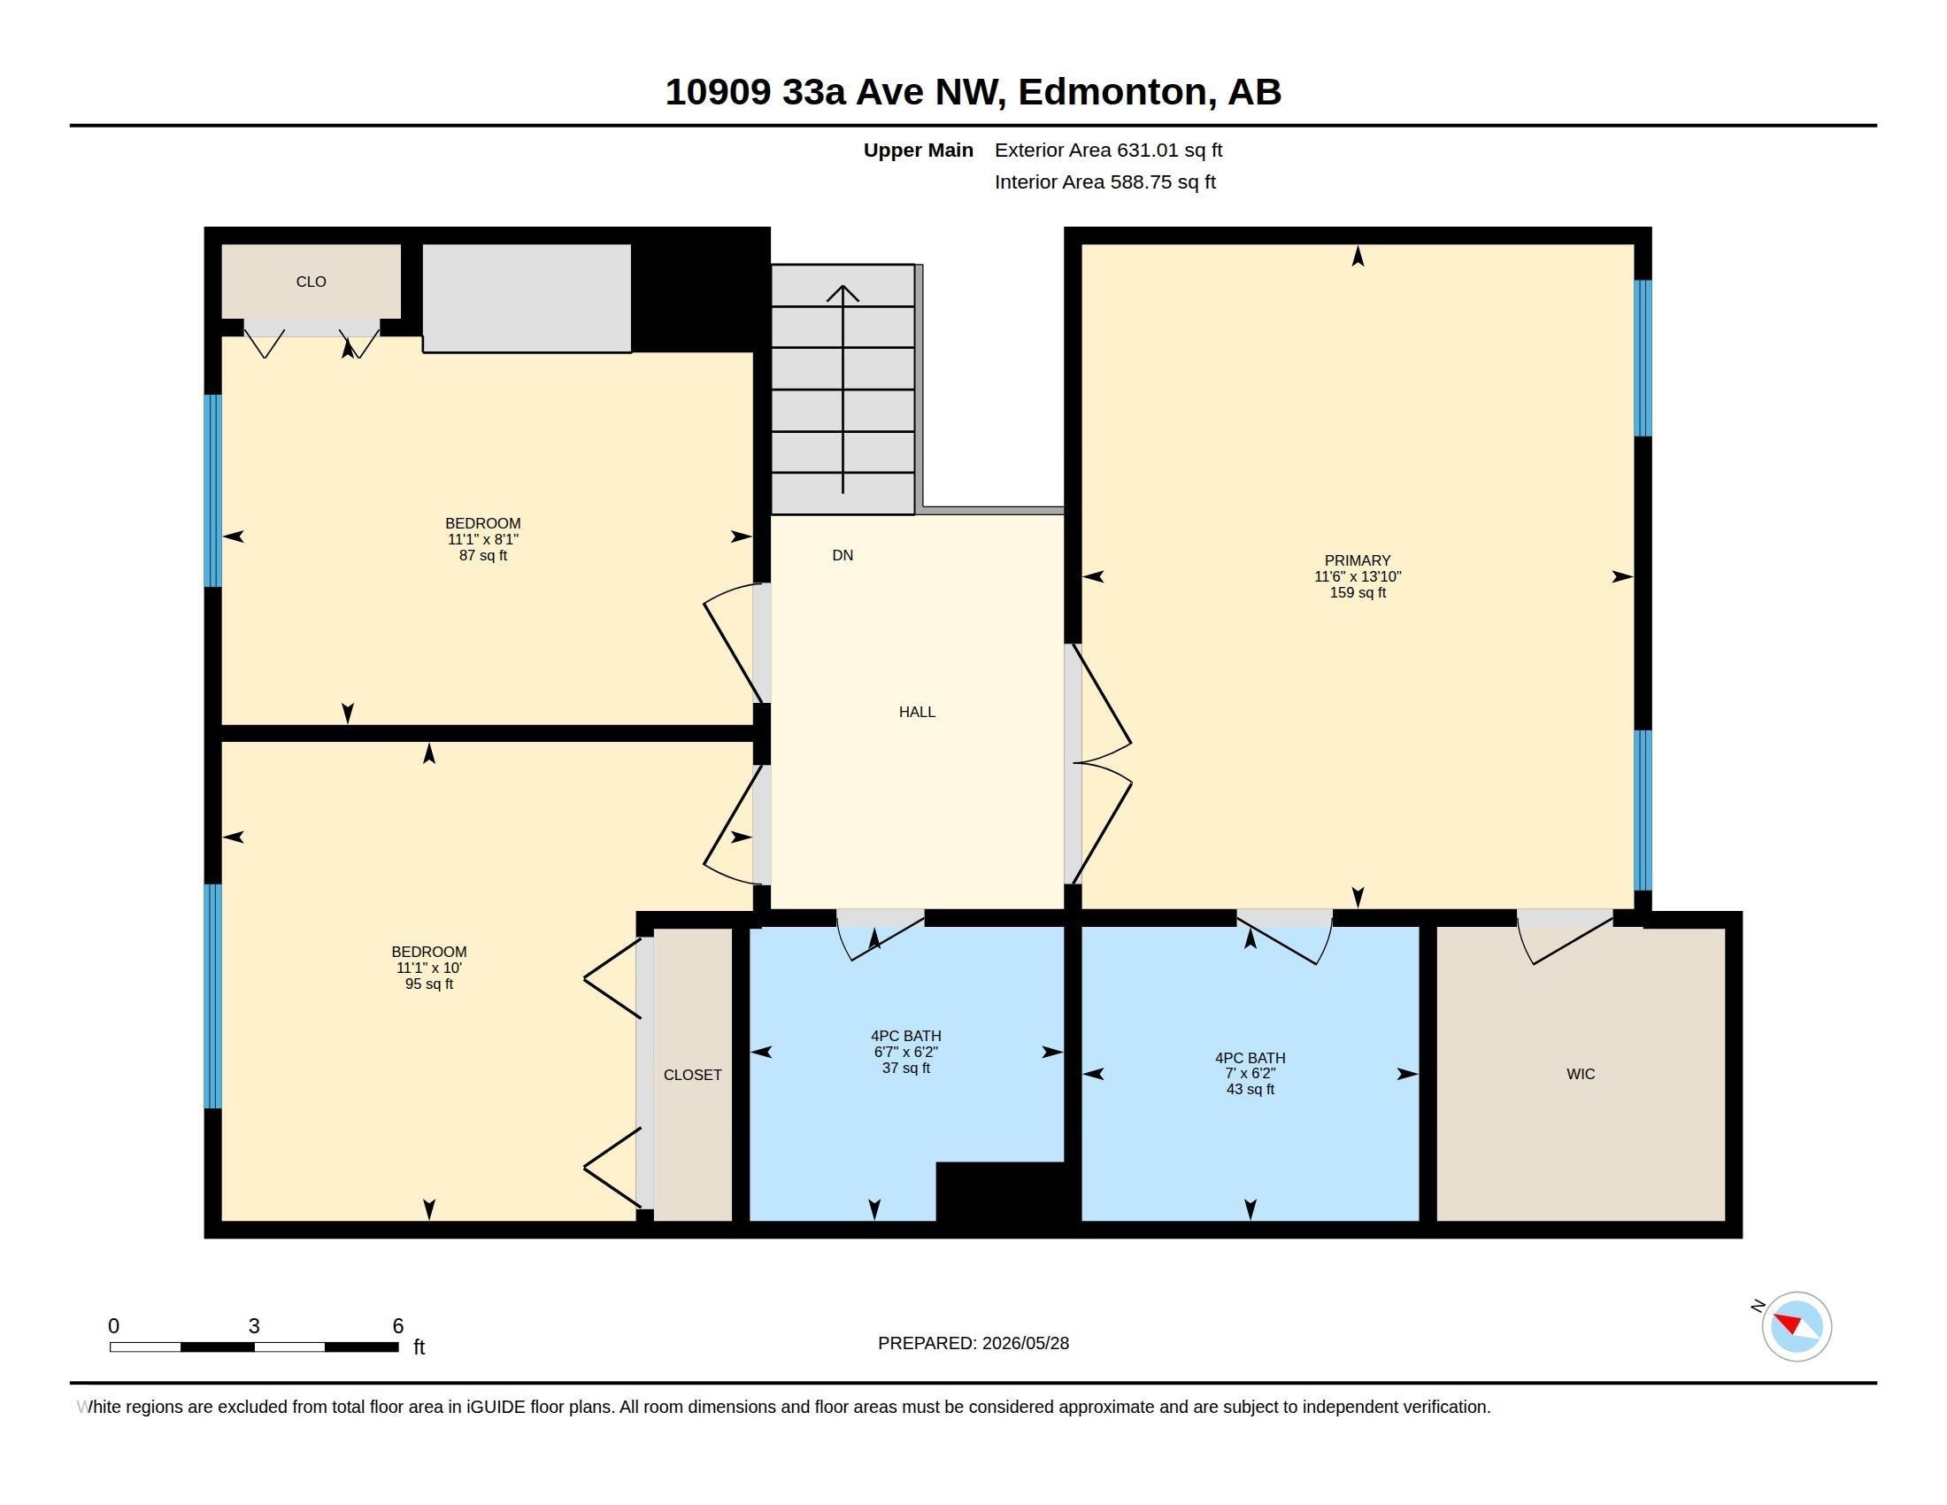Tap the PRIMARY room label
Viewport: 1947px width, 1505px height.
click(x=1357, y=560)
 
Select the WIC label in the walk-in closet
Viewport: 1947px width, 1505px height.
click(x=1581, y=1075)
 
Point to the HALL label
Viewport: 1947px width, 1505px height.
click(x=917, y=713)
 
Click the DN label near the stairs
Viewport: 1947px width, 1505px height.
click(x=843, y=555)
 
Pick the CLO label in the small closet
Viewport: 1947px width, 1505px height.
click(x=312, y=282)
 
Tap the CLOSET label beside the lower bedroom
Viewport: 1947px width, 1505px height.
click(x=693, y=1076)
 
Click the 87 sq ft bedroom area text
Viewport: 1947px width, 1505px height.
click(x=483, y=555)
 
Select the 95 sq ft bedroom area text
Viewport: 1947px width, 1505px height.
click(x=429, y=984)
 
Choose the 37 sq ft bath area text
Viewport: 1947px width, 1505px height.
click(x=905, y=1069)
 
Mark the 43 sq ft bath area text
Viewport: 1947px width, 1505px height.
click(x=1250, y=1090)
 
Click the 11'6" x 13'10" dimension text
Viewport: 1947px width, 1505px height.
click(x=1357, y=577)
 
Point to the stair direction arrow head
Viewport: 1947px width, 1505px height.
click(x=843, y=293)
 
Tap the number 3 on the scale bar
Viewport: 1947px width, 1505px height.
click(x=254, y=1326)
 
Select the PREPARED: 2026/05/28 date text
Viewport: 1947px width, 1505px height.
click(x=973, y=1343)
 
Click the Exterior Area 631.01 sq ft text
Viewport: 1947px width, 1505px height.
click(x=1108, y=150)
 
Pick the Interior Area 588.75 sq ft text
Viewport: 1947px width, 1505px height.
click(x=1104, y=182)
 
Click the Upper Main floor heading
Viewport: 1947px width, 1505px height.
click(x=919, y=150)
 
